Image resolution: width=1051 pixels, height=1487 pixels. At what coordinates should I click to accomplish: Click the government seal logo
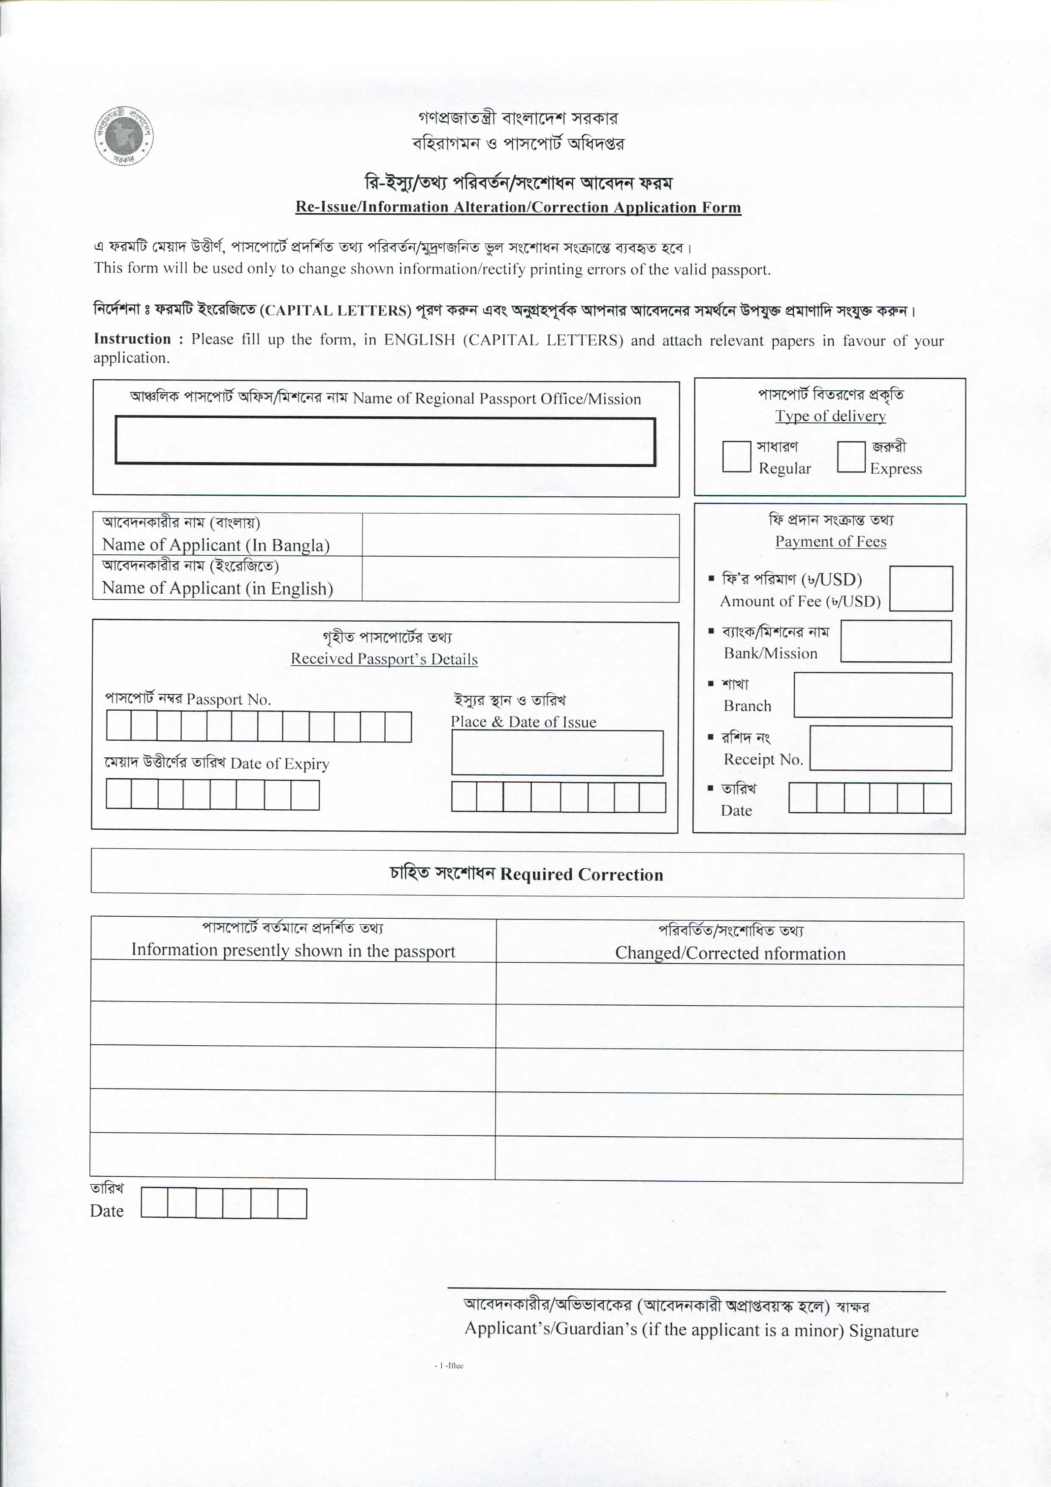point(124,136)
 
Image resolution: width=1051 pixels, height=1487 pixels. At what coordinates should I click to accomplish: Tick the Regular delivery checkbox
point(736,457)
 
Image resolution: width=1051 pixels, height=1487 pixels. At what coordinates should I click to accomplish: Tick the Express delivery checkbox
point(851,457)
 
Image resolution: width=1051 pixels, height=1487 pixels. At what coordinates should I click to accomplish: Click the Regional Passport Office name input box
point(385,441)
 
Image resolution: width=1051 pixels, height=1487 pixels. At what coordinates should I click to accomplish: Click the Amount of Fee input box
point(920,588)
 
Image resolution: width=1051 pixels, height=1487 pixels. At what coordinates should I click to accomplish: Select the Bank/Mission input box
point(895,641)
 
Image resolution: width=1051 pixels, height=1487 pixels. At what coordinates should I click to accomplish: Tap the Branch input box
point(872,695)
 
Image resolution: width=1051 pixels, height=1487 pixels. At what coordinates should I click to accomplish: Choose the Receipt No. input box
point(880,748)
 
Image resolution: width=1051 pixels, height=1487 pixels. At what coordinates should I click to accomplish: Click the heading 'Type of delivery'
point(830,416)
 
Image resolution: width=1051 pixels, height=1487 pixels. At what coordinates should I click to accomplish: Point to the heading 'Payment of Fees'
point(830,541)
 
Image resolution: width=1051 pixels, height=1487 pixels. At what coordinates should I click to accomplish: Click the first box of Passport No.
point(118,726)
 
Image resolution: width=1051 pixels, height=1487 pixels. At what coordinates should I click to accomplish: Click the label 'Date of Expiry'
point(279,763)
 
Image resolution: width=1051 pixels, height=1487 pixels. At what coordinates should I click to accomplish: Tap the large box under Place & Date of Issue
point(557,753)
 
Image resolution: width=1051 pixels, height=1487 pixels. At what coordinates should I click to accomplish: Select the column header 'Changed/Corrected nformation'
point(729,953)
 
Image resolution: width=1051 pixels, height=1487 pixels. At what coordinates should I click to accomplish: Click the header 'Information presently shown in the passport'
point(293,950)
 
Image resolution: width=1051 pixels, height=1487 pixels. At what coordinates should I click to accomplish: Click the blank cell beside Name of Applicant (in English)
point(520,579)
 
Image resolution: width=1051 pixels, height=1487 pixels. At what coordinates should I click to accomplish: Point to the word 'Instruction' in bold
point(132,339)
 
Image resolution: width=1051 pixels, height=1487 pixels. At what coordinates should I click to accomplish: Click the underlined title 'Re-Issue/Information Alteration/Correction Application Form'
point(518,207)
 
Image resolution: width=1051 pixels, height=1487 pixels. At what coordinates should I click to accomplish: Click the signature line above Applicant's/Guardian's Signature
point(696,1289)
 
